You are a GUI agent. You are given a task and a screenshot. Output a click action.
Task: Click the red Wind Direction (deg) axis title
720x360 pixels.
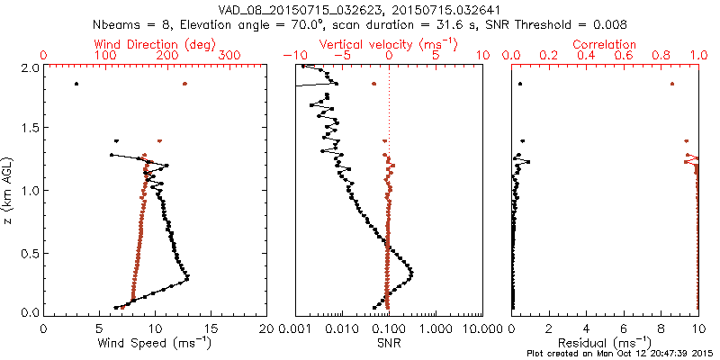pyautogui.click(x=155, y=44)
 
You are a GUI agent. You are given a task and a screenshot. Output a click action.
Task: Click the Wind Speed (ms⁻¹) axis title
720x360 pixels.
pyautogui.click(x=156, y=343)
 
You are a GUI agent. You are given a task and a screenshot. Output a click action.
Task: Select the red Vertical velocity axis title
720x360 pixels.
pyautogui.click(x=388, y=44)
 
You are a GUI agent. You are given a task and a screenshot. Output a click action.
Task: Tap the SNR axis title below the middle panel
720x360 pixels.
pyautogui.click(x=388, y=343)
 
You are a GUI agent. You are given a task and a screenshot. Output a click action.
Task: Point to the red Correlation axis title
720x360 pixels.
pyautogui.click(x=606, y=44)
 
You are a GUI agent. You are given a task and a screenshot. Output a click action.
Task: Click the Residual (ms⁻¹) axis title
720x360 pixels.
pyautogui.click(x=606, y=343)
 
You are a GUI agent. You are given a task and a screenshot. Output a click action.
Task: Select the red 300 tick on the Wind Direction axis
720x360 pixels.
pyautogui.click(x=229, y=56)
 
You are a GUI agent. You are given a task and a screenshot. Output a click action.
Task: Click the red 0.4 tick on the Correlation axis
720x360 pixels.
pyautogui.click(x=587, y=56)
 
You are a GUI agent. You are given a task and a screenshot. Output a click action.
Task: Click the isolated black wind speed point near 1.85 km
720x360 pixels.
pyautogui.click(x=76, y=84)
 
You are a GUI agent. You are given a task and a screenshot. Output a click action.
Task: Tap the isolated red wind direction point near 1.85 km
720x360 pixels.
pyautogui.click(x=184, y=84)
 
